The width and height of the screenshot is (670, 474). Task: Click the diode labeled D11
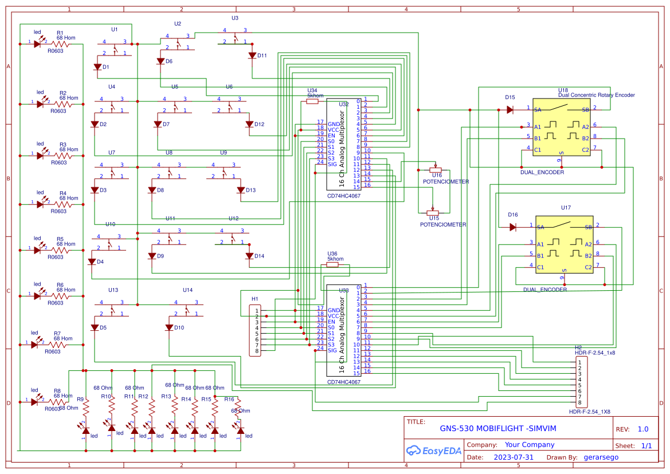(x=252, y=56)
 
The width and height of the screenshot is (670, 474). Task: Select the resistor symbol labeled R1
(x=60, y=44)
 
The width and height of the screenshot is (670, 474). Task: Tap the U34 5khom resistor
(x=312, y=101)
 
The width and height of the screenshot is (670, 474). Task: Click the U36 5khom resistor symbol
(x=332, y=265)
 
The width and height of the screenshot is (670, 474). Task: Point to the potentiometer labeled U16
(x=436, y=170)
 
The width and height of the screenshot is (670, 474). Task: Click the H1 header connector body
(x=256, y=330)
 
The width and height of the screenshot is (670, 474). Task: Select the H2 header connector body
(x=582, y=382)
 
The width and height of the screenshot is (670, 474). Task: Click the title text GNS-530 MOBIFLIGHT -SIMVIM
(x=497, y=428)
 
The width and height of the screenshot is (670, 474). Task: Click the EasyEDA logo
(x=433, y=451)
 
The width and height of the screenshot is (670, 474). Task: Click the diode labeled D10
(x=169, y=327)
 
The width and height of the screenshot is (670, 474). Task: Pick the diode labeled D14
(x=249, y=256)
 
